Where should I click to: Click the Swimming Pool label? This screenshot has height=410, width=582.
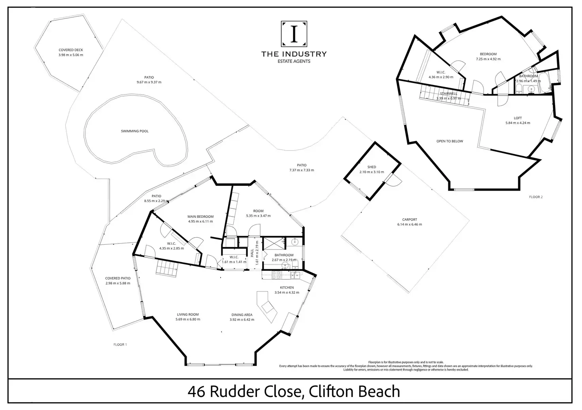pos(135,131)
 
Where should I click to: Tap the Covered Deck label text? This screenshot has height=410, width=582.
pos(71,50)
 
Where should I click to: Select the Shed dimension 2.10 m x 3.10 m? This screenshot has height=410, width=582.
pos(372,172)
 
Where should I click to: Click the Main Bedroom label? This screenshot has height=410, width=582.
pos(200,217)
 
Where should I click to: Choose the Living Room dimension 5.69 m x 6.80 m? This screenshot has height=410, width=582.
pos(188,319)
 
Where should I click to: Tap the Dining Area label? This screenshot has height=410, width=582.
pos(242,315)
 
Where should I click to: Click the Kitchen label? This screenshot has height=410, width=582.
pos(287,287)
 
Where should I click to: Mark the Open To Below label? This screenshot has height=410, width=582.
pos(450,141)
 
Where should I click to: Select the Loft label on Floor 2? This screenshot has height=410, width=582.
pos(518,118)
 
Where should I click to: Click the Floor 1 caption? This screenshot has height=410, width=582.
pos(120,345)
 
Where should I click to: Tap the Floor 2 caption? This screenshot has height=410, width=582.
pos(536,197)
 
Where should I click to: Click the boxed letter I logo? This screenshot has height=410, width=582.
pos(294,34)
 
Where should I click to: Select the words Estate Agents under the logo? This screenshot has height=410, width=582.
pos(294,61)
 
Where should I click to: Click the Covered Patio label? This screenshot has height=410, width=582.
pos(118,278)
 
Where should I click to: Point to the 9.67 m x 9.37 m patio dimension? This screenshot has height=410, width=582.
pos(149,82)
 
